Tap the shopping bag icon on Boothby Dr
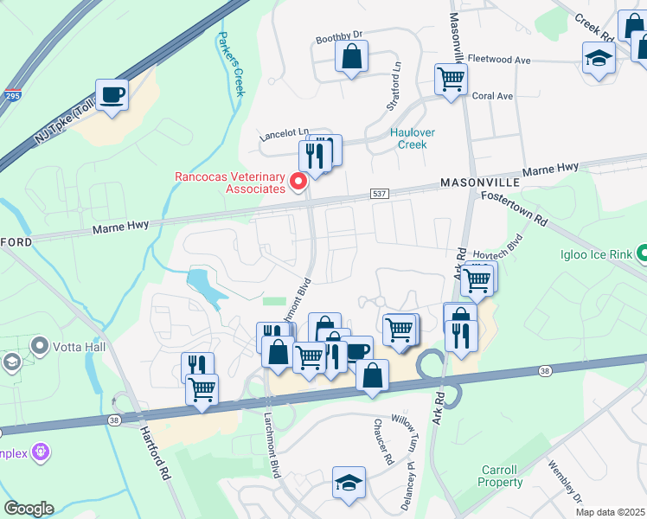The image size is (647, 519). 351,58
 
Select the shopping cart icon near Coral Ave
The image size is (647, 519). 451,80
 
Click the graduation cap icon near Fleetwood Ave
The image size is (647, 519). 598,61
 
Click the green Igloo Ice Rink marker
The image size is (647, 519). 642,253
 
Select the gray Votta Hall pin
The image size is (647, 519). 39,346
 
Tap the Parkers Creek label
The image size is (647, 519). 232,65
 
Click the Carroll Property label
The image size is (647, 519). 500,476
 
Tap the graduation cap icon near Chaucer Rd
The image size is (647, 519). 349,483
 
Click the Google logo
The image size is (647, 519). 29,508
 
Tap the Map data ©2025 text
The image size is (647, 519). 609,512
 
